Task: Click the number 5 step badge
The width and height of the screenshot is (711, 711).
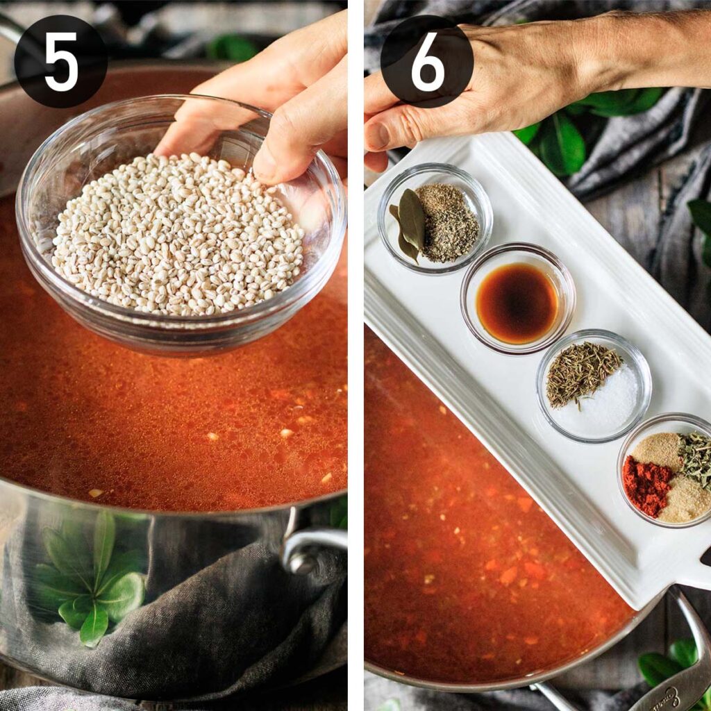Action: [61, 61]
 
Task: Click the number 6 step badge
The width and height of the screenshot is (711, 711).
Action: [427, 61]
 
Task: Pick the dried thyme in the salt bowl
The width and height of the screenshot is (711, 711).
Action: [580, 371]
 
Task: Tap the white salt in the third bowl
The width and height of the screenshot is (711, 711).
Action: [614, 403]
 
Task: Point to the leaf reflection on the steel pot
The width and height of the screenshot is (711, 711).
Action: [94, 576]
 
